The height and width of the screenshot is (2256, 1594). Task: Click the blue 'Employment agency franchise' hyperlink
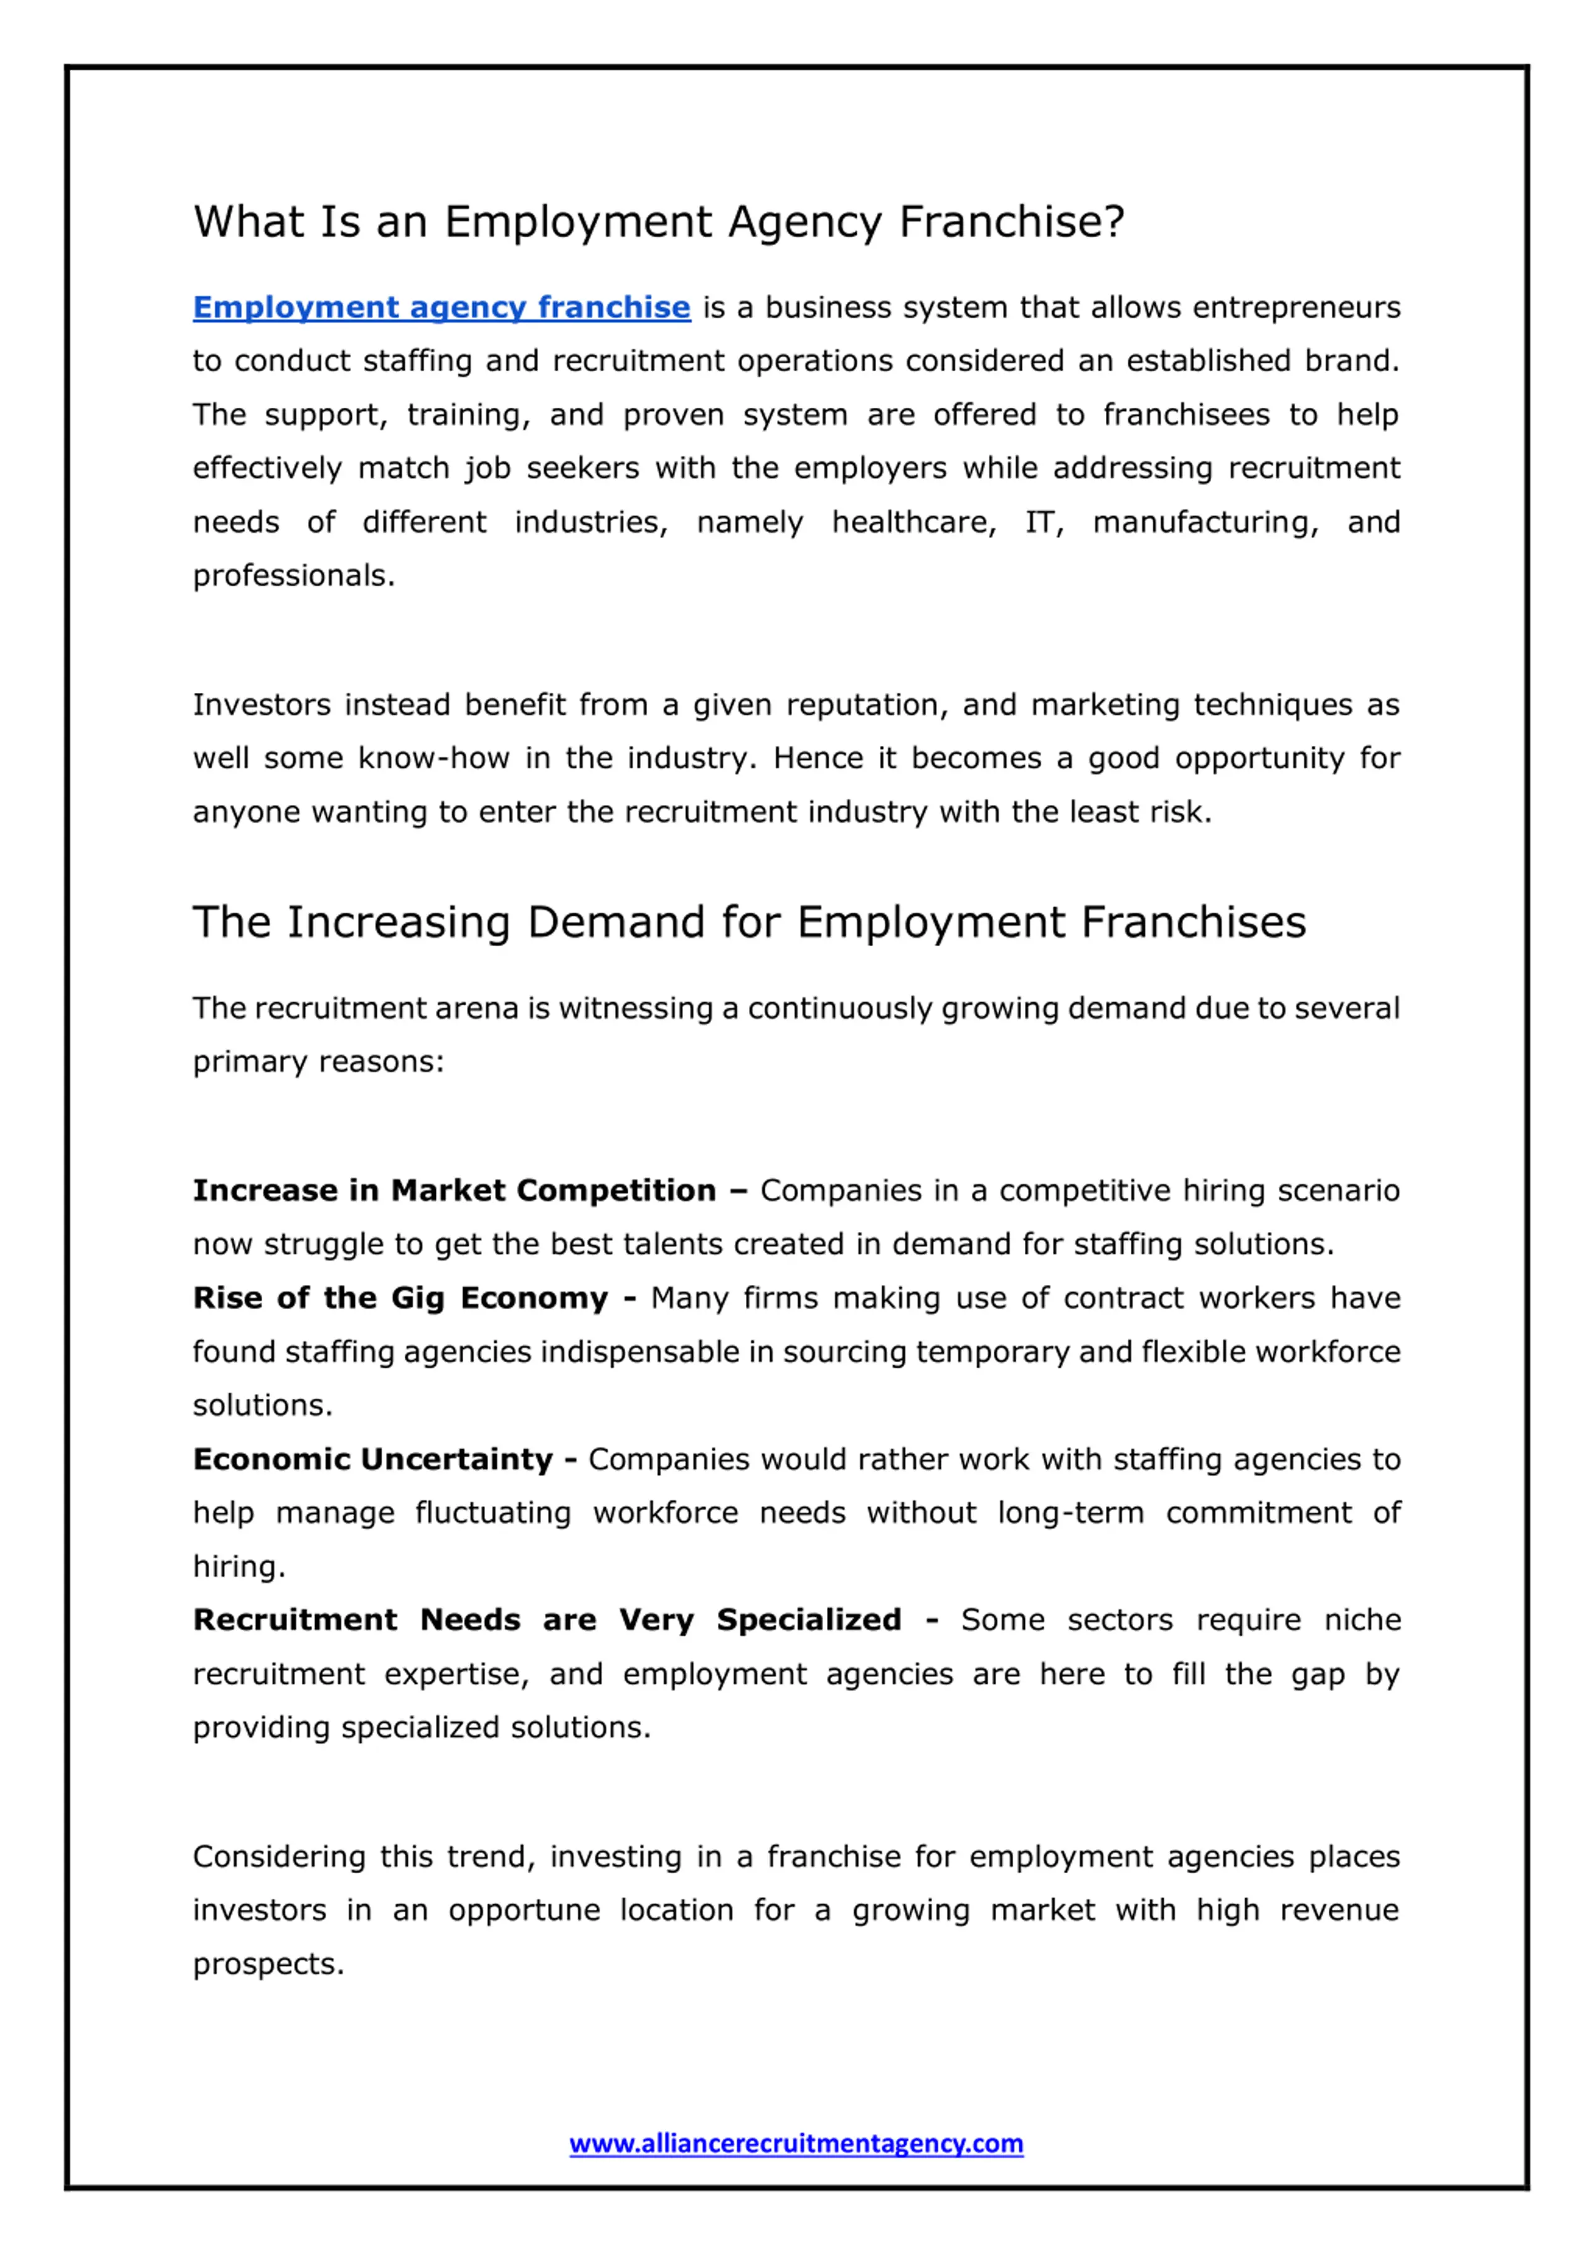pyautogui.click(x=441, y=308)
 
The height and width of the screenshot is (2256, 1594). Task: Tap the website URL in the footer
pyautogui.click(x=796, y=2143)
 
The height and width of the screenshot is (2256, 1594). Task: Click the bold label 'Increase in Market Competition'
pyautogui.click(x=454, y=1191)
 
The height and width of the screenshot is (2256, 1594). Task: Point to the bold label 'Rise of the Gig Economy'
pyautogui.click(x=400, y=1298)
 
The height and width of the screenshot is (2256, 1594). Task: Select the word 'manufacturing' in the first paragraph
pyautogui.click(x=1205, y=522)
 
